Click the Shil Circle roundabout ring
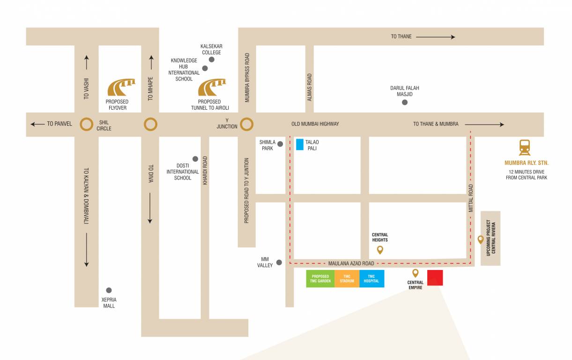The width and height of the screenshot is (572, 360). coord(86,124)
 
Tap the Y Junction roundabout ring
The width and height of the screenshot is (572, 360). coord(247,124)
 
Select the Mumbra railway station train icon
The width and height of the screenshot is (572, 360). coord(525,148)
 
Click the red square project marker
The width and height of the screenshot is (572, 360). coord(435,277)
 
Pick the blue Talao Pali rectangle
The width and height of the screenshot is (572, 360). coord(299,144)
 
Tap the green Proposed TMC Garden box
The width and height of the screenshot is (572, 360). coord(320,278)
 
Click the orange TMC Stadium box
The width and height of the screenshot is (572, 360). coord(347,278)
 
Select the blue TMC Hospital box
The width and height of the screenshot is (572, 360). coord(371,278)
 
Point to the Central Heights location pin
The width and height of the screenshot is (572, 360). coord(380,250)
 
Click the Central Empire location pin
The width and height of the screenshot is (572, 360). coord(415,273)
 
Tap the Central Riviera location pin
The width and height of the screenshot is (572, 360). coord(480,240)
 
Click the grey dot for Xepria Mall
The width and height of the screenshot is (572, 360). coord(109,290)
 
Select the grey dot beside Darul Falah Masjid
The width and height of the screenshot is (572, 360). coord(405,102)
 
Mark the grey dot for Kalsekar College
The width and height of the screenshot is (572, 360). coord(212,60)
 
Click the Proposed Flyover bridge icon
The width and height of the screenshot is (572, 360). coord(121,88)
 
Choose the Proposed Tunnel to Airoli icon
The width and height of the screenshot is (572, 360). coord(212,88)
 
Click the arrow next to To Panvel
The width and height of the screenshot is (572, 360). coord(37,124)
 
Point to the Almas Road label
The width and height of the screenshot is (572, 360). coord(309,87)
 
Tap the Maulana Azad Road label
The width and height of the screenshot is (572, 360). coord(351,263)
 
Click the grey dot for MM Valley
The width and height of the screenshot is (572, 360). coord(279,262)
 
